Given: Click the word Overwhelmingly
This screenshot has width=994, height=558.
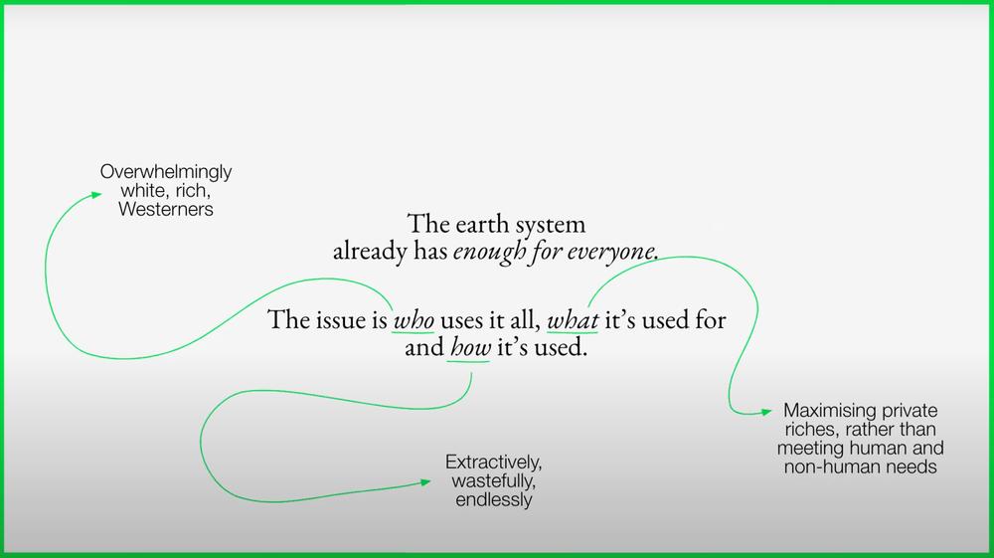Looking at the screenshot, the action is [x=166, y=172].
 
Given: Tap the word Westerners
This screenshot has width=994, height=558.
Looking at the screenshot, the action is [x=166, y=209].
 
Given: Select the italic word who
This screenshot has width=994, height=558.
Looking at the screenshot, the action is [x=414, y=319].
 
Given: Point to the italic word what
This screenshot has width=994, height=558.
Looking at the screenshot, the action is [x=574, y=319].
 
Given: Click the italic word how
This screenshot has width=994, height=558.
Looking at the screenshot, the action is [x=470, y=347].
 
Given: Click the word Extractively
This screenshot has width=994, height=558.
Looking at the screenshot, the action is [x=493, y=462].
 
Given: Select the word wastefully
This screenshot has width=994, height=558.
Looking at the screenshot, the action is [x=493, y=480].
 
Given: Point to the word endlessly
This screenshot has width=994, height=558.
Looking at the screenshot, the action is [x=494, y=499].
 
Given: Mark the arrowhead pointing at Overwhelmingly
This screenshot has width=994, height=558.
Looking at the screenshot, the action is [x=97, y=195].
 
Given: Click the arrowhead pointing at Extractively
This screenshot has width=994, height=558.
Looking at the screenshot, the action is [x=426, y=482].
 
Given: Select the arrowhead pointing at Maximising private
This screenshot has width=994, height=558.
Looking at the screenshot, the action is [x=766, y=412].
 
